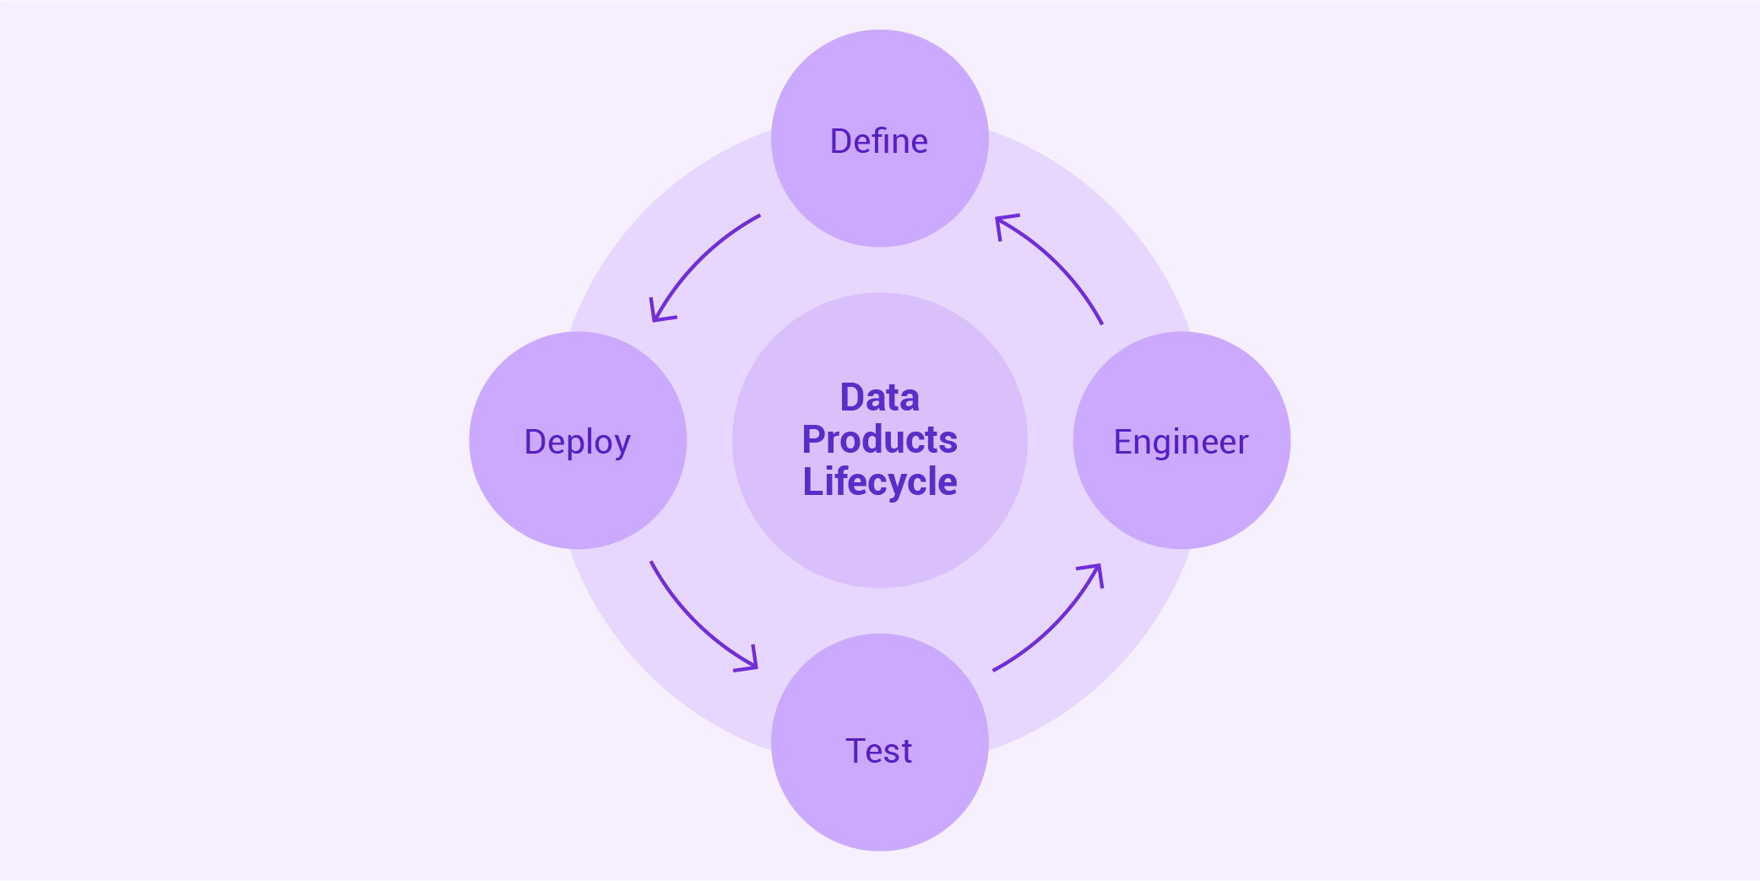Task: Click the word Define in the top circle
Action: pos(878,141)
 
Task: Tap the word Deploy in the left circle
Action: pos(577,442)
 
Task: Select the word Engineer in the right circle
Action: pos(1181,442)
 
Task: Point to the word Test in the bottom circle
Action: pos(878,751)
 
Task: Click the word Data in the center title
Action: pos(879,398)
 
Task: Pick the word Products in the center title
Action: pos(879,439)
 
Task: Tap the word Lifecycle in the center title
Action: pos(879,481)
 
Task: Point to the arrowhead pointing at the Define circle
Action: pos(1003,222)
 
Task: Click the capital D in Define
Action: pos(840,141)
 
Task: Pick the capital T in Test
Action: pos(856,751)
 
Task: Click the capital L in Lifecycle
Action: pos(812,481)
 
